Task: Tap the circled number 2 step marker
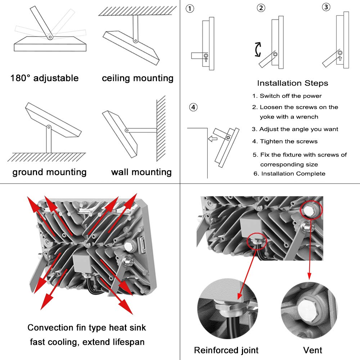tap(261, 8)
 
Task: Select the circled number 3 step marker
tap(326, 7)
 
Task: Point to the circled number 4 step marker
tap(194, 107)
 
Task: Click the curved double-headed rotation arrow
tap(258, 49)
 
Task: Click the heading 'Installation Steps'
tap(292, 83)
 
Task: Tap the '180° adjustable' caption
tap(44, 78)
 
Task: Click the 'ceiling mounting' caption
tap(138, 78)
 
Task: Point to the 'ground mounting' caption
tap(49, 172)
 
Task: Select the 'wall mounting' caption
tap(141, 172)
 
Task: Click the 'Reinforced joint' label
tap(226, 350)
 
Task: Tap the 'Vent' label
tap(312, 350)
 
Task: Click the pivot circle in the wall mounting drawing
tap(127, 130)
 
